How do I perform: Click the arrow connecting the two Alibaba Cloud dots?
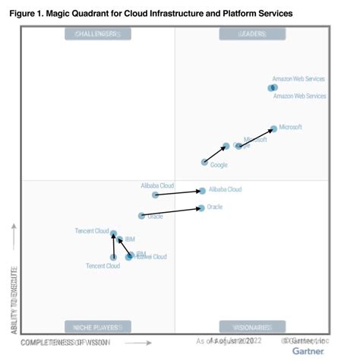click(x=179, y=193)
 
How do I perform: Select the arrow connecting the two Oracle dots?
click(x=172, y=211)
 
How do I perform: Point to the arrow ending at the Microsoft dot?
click(x=257, y=137)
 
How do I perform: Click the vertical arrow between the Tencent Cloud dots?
click(x=114, y=245)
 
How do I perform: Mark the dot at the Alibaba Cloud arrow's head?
click(x=202, y=191)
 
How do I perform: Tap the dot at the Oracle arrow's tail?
click(x=141, y=216)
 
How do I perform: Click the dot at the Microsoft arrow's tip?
click(x=274, y=128)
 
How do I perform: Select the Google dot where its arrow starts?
click(x=204, y=162)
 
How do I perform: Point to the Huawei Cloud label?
click(x=150, y=257)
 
